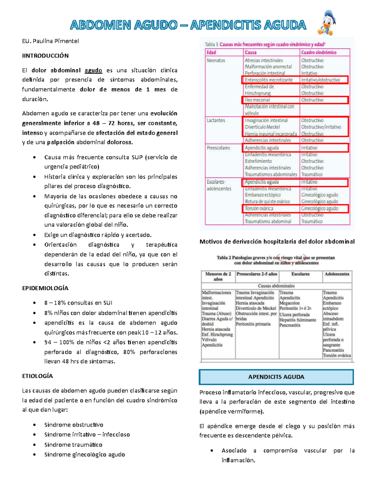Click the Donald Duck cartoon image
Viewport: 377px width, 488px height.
(327, 23)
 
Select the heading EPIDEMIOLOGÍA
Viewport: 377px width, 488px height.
(45, 288)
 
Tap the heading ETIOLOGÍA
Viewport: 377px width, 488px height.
(37, 376)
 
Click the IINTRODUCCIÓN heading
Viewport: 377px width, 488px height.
(45, 56)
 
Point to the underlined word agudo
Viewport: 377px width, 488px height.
(93, 70)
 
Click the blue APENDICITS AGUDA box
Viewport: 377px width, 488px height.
(276, 377)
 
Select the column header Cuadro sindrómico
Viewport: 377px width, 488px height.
(319, 52)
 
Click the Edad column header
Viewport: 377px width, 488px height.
(211, 52)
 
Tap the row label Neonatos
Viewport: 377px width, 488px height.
(216, 60)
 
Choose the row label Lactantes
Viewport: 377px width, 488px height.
(216, 120)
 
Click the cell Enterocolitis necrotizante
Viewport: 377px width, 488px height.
(269, 80)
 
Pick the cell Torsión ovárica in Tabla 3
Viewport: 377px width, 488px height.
(259, 208)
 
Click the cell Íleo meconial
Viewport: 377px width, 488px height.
(257, 100)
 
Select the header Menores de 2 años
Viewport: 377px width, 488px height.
(218, 276)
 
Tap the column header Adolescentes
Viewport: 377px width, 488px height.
(337, 274)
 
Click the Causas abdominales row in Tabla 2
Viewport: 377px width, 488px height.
(276, 286)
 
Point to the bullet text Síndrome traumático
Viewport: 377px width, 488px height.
(73, 445)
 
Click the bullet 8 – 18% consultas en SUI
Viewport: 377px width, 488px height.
(78, 303)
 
